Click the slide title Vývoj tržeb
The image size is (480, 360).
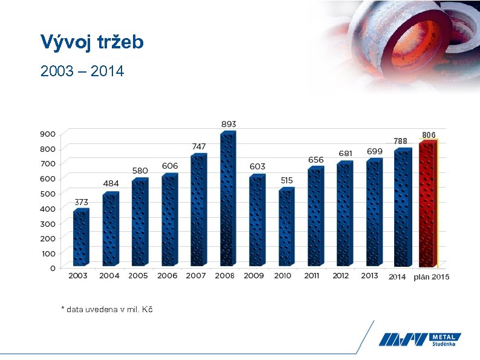pos(92,42)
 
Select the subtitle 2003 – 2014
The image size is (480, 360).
pos(82,71)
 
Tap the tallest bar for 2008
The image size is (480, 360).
pos(227,200)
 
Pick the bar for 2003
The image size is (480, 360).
pos(80,238)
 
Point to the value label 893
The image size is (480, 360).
pos(229,123)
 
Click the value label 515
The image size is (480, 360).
pos(287,180)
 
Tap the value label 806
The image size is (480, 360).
pos(429,134)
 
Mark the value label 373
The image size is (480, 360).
pos(82,201)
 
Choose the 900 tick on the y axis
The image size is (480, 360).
pos(49,134)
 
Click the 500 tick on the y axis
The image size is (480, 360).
pos(49,194)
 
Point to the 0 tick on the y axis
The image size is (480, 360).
pos(53,268)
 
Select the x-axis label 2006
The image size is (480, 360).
pos(167,276)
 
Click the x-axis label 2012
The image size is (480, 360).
pos(341,276)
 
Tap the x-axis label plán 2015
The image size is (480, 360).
pos(432,277)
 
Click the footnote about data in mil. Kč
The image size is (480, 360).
pos(107,309)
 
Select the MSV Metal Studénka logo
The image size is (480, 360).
pos(420,340)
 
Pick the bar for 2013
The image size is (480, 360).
pos(373,212)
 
